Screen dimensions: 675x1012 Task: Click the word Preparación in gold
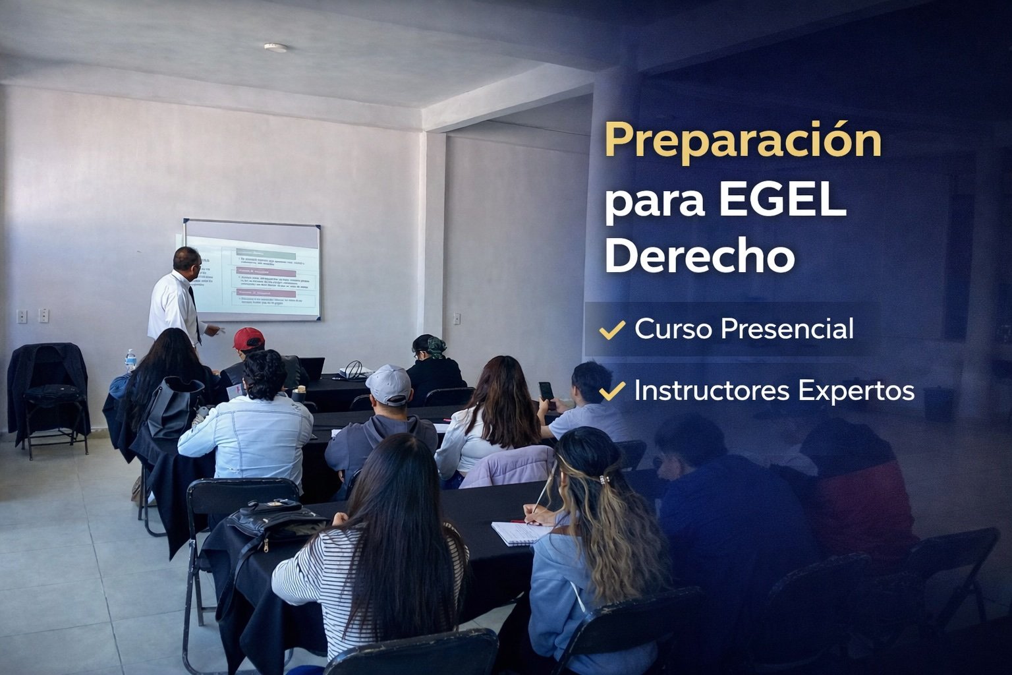(x=743, y=140)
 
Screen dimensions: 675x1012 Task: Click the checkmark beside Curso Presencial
(x=612, y=329)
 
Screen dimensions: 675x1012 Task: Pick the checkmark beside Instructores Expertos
(x=612, y=392)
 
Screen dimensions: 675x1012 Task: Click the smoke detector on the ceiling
(x=275, y=47)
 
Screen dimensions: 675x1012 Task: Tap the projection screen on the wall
(x=252, y=270)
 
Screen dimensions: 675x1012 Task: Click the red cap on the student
(x=248, y=338)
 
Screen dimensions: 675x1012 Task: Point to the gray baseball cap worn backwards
(x=388, y=384)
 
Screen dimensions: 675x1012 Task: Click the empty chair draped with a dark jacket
(x=49, y=396)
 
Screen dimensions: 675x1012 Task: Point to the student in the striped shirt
(x=369, y=567)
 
